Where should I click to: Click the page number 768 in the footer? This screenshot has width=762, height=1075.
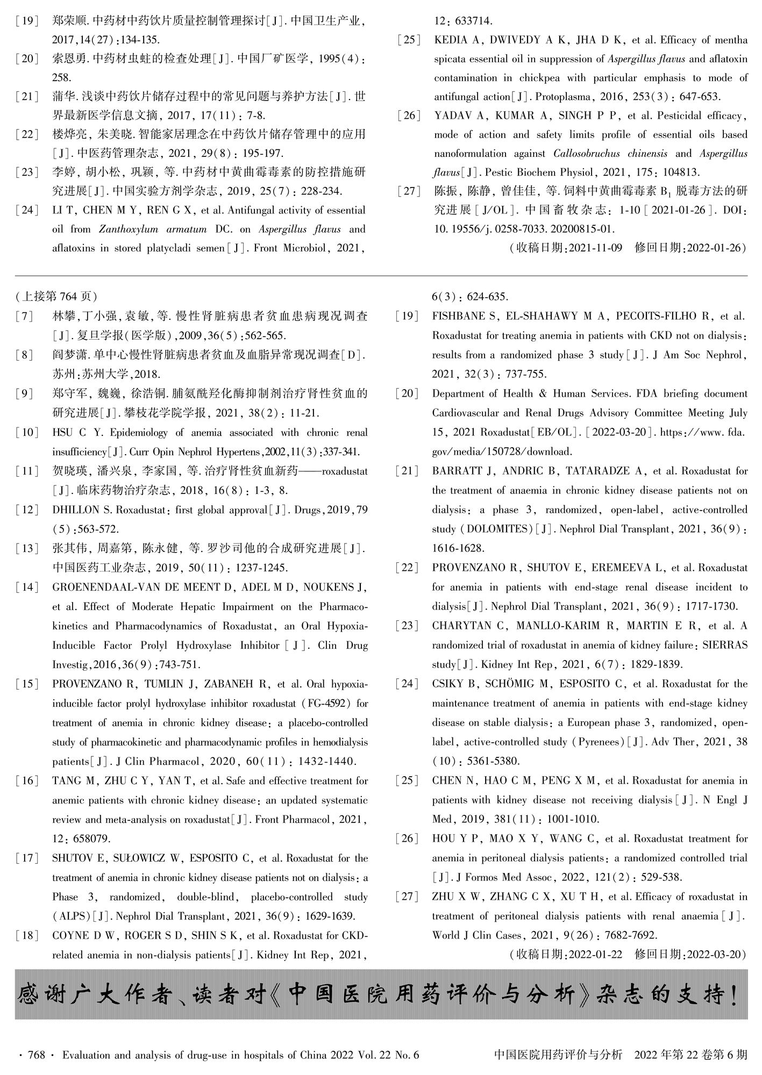tap(35, 1055)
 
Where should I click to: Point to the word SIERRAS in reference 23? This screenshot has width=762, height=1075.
tap(725, 645)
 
